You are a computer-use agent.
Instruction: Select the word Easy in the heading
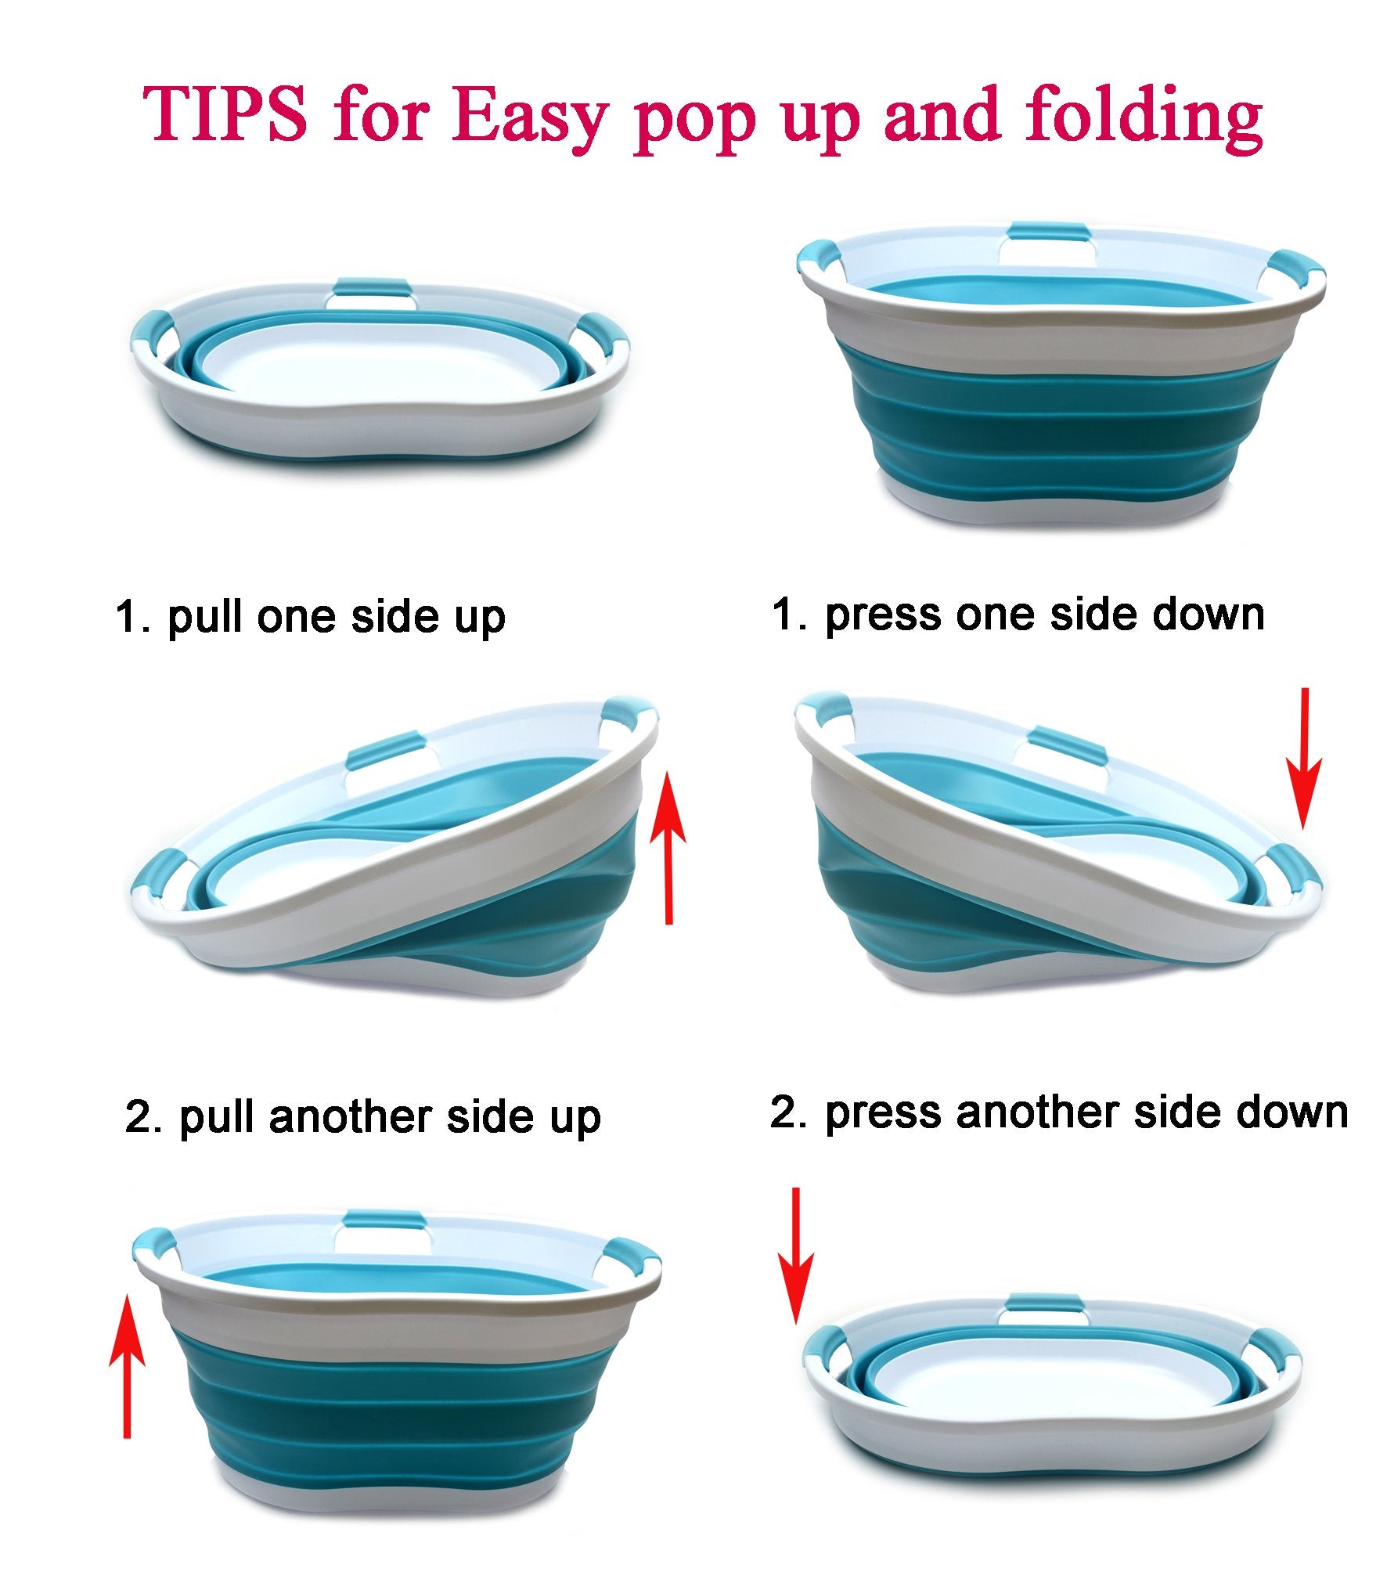tap(529, 117)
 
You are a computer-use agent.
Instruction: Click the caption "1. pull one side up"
tap(310, 618)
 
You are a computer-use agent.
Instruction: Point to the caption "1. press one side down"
tap(1018, 615)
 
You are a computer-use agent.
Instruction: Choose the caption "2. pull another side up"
tap(362, 1116)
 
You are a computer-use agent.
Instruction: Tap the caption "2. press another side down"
tap(1059, 1113)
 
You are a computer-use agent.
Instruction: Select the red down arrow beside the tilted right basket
tap(1303, 758)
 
